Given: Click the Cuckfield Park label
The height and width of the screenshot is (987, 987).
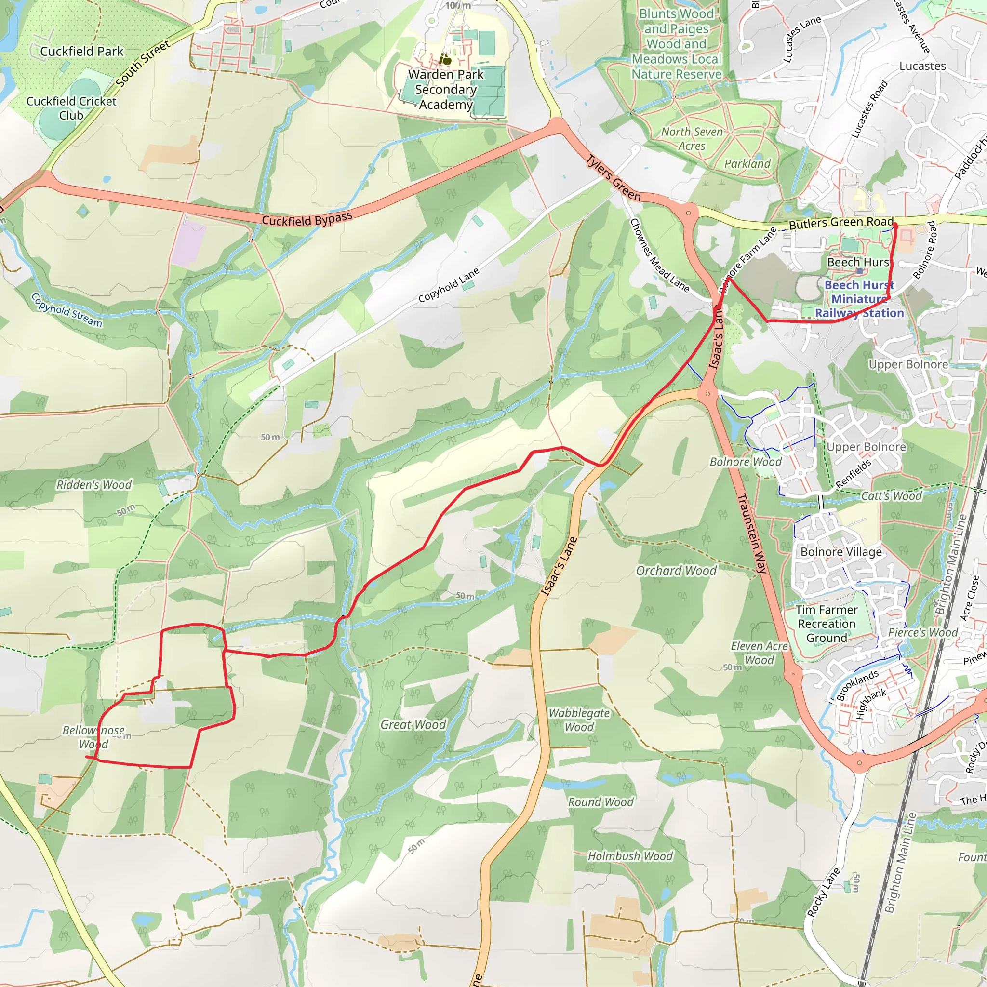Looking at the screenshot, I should coord(82,52).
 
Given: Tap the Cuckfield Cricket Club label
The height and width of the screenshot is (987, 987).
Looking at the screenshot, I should coord(71,108).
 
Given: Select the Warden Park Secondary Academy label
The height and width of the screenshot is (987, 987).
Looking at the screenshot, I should coord(445,90).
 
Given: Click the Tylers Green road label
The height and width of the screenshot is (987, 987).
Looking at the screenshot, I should coord(613,178).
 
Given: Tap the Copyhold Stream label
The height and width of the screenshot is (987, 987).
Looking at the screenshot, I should coord(67,310).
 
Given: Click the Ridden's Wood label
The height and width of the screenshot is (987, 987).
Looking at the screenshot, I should coord(94,484).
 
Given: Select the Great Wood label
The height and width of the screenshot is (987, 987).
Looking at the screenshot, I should coord(413,724).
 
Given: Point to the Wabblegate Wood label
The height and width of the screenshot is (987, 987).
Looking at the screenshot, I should coord(579,720).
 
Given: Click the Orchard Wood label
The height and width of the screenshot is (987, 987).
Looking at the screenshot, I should coord(676,571).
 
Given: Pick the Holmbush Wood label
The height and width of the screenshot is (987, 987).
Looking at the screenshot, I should coord(630,856).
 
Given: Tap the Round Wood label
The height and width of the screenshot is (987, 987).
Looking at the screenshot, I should coord(601,802).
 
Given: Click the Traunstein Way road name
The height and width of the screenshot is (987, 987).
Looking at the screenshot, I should coord(752,534).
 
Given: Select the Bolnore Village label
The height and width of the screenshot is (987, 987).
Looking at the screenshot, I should coord(841,552).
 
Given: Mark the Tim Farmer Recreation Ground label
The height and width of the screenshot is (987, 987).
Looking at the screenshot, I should coord(826,624).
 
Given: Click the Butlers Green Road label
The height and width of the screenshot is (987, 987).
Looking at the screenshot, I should coord(841,223).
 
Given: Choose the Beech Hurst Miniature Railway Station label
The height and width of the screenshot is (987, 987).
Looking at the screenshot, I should coord(859,299).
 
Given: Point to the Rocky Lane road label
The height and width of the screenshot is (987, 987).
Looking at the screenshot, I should coord(823,892).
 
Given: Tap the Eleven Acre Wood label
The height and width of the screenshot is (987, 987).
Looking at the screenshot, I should coord(759,653).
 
